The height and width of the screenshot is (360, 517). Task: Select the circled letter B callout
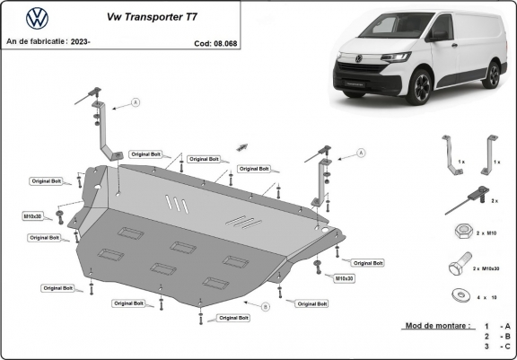(266, 307)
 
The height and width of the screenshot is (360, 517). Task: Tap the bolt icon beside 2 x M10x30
(456, 267)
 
